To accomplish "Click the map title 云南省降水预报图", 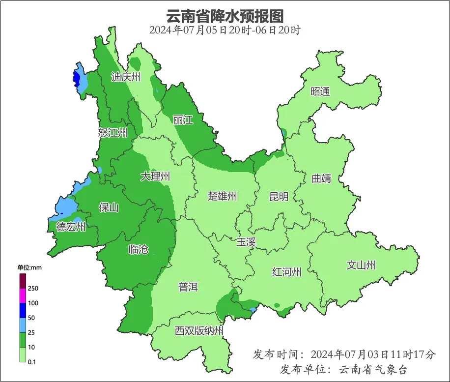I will [x=225, y=16].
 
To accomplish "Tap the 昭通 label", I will [x=320, y=91].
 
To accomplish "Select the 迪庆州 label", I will [x=126, y=77].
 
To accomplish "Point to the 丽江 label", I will [x=183, y=119].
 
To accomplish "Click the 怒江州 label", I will [x=112, y=133].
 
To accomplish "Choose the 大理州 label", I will [x=155, y=176].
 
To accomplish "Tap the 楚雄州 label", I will [x=223, y=197].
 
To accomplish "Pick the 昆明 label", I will [x=279, y=197].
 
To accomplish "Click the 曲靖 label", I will [x=321, y=178].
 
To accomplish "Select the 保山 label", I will [x=109, y=207].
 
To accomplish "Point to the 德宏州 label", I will [x=71, y=227].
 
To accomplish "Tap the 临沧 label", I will [x=138, y=249].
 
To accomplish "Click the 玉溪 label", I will [x=246, y=242].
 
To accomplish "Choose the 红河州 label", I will [x=287, y=272].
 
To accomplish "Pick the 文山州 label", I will [x=361, y=265].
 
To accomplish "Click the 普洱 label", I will [x=188, y=287].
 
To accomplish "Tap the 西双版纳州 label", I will [x=199, y=331].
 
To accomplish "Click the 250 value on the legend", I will [x=33, y=288].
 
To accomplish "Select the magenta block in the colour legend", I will [x=23, y=295].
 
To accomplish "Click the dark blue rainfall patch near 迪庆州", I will [x=76, y=78].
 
